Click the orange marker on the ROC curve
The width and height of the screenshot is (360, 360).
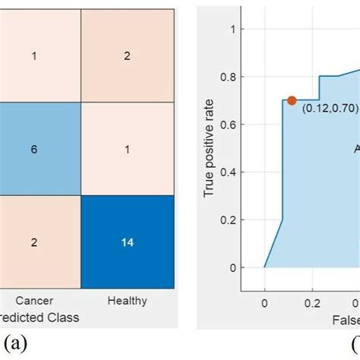pyautogui.click(x=292, y=100)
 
